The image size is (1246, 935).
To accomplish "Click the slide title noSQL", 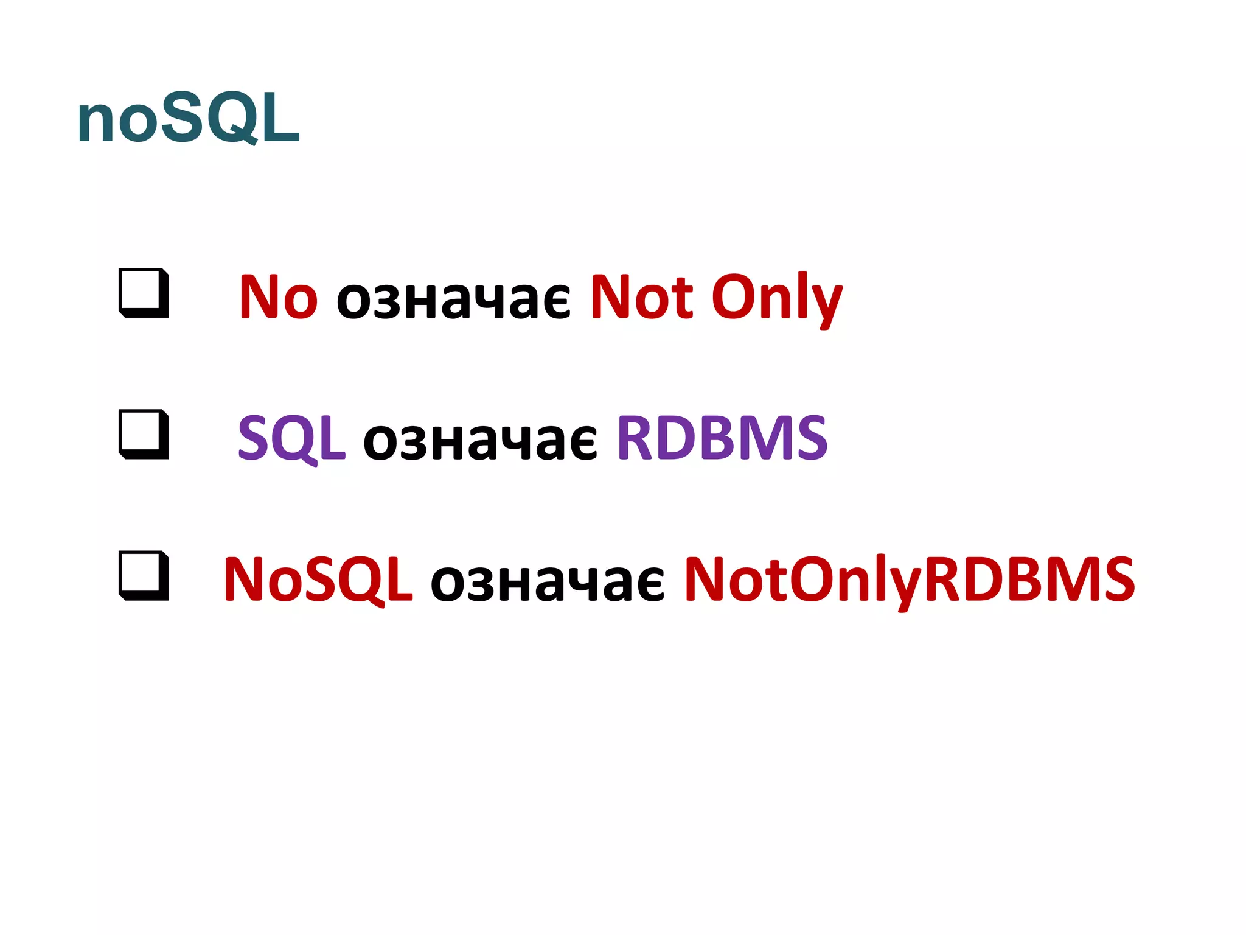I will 189,118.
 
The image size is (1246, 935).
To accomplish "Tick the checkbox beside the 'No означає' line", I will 144,293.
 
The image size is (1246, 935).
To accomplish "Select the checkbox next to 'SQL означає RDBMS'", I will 144,434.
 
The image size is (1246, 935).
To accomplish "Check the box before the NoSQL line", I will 144,575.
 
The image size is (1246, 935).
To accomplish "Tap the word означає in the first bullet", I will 453,299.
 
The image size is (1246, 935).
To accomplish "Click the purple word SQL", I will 291,438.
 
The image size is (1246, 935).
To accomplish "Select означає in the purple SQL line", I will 481,441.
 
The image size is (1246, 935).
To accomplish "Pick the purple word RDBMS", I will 722,438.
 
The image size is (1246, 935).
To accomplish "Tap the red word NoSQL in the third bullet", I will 318,580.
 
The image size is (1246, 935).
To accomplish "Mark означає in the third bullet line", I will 548,582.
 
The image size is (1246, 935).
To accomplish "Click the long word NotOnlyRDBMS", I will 910,580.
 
